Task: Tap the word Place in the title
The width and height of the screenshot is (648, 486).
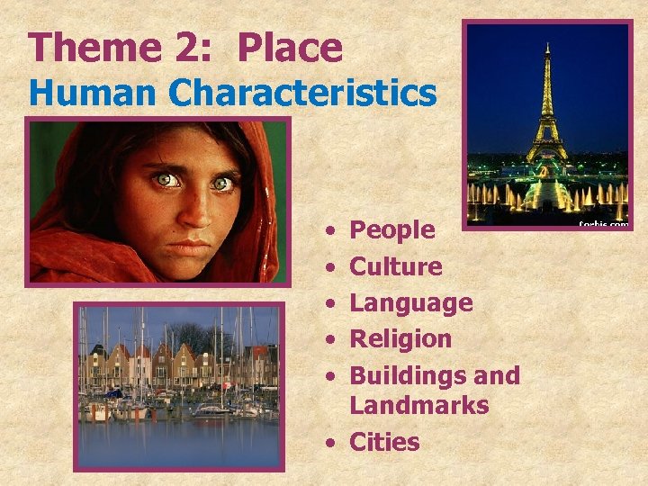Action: click(290, 48)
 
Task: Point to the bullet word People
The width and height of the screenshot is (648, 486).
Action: click(391, 230)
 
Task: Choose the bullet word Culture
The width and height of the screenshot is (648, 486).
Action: click(395, 266)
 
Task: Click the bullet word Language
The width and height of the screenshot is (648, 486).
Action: click(410, 303)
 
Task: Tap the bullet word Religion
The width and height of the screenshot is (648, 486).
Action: click(400, 338)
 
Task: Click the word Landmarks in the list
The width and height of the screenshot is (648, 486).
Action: click(418, 406)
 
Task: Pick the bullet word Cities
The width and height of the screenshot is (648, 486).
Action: click(385, 442)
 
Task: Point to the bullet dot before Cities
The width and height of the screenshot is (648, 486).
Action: click(333, 443)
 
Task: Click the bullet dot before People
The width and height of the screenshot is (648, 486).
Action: click(333, 231)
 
